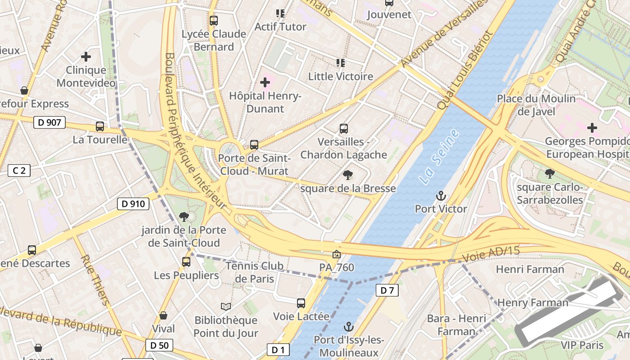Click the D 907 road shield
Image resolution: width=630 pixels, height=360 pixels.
pos(49,122)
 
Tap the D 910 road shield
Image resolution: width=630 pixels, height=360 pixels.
pos(133,204)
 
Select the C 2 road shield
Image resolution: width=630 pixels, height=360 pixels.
pos(19,170)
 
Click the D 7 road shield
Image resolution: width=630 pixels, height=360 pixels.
pos(387,290)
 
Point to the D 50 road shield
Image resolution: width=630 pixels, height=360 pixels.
pos(159,345)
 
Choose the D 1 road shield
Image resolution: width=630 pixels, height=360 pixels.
pos(278,349)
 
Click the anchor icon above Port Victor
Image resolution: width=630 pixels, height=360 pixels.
pos(441,196)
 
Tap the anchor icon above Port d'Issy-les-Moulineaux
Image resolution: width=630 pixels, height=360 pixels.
pos(348,326)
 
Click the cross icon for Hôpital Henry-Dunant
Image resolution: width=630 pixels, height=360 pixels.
pos(265,82)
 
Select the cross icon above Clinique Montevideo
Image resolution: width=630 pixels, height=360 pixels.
pos(86,57)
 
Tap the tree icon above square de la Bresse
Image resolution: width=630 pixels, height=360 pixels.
pos(347,175)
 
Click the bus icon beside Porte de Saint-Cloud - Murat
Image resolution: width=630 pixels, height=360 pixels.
pos(254,145)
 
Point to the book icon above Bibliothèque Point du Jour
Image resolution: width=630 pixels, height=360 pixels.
pos(226,306)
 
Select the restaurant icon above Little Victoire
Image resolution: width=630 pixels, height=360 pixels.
pos(341,63)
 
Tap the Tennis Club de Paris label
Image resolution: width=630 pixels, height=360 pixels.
pos(255,272)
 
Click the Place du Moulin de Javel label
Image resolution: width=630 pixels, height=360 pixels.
pos(536,105)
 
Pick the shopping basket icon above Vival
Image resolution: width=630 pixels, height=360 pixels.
pos(163,315)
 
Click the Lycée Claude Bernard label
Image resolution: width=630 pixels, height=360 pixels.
pos(214,40)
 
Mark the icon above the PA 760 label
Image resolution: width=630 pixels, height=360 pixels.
pos(336,254)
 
